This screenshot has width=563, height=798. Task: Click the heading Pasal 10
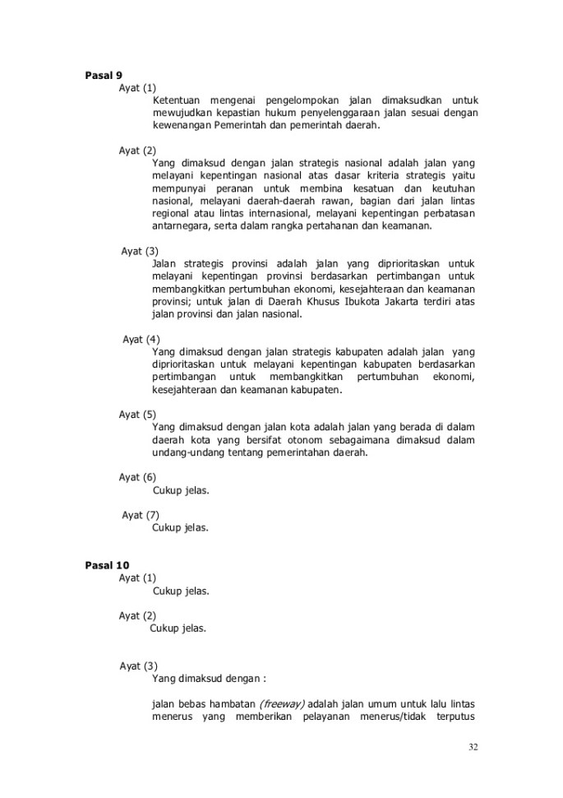click(107, 565)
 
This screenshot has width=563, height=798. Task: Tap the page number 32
click(473, 747)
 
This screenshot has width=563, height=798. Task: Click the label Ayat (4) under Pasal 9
click(141, 339)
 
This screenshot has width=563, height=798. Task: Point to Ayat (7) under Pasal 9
click(141, 515)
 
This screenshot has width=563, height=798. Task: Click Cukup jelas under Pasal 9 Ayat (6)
click(181, 490)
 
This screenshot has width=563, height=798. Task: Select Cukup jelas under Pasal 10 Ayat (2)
click(178, 629)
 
